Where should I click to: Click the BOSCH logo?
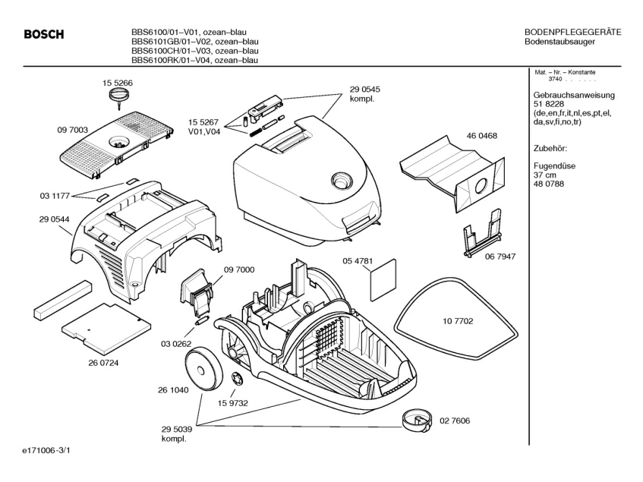point(44,34)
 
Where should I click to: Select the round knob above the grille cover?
point(118,95)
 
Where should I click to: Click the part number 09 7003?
point(72,131)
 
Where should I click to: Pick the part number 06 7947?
point(500,257)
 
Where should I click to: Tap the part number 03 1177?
point(55,196)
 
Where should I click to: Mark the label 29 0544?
point(55,219)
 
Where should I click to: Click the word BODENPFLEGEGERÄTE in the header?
point(573,32)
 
